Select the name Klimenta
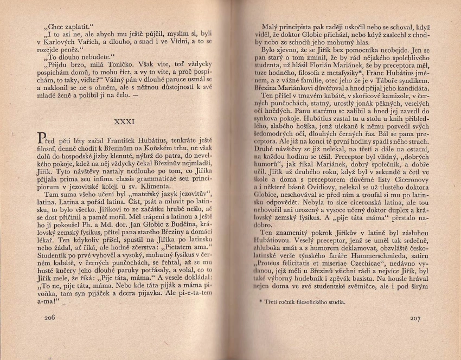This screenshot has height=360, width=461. (161, 200)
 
